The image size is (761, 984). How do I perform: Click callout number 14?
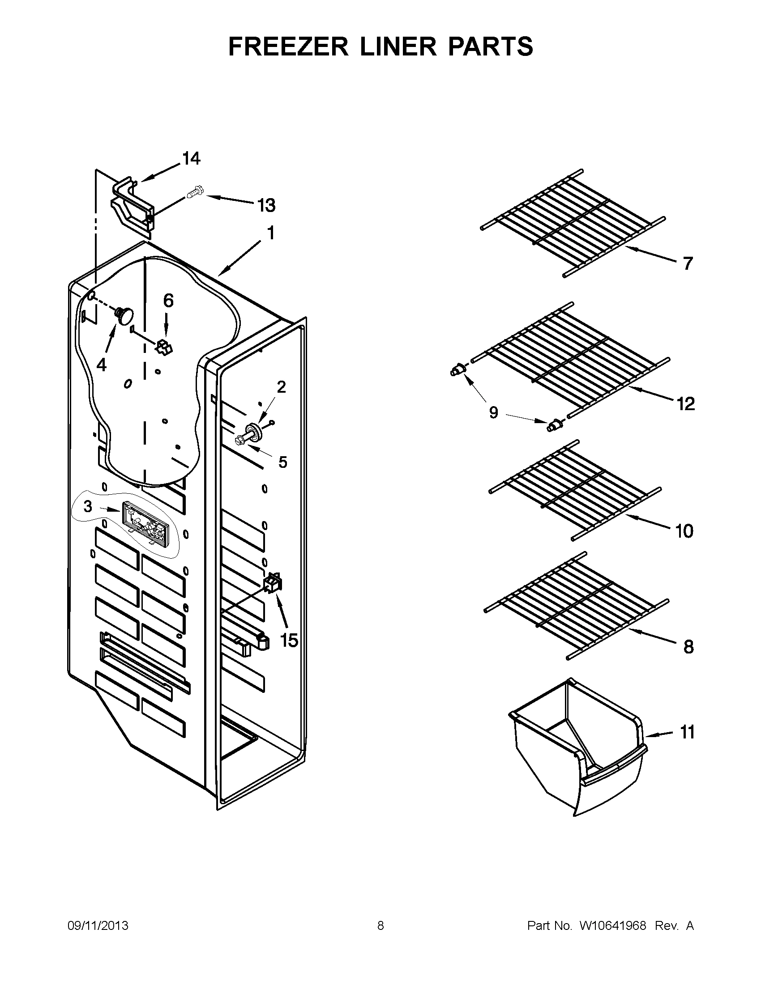[x=191, y=159]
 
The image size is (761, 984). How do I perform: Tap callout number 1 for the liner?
[x=270, y=233]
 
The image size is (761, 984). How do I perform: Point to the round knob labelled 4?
[x=124, y=314]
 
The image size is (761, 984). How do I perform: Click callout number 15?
[x=289, y=640]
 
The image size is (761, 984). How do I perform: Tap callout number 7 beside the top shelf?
[x=687, y=263]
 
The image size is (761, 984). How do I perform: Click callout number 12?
[x=685, y=404]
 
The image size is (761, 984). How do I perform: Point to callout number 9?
[x=494, y=412]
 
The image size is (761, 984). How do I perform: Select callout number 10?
[x=684, y=532]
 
